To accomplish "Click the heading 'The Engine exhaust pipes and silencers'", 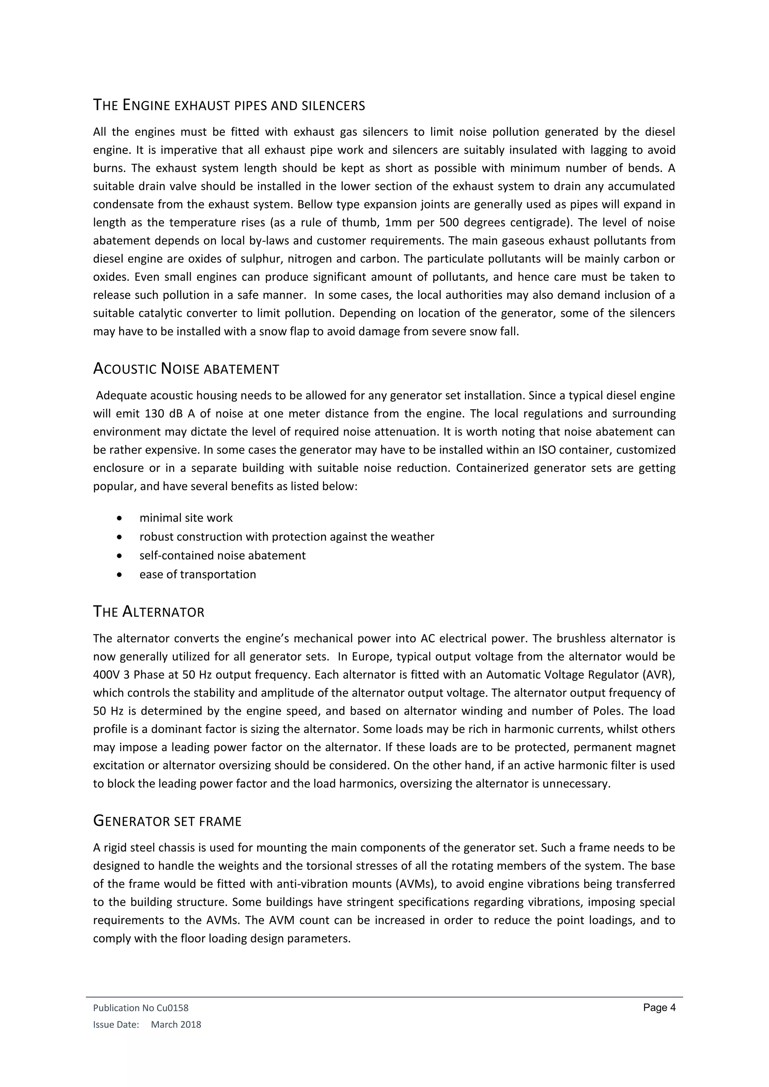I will coord(229,105).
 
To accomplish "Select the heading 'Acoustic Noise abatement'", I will coord(186,369).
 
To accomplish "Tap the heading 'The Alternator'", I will coord(149,612).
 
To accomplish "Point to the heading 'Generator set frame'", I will coord(167,821).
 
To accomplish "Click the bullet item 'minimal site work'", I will coord(185,518).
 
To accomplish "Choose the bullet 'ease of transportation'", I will coord(198,574).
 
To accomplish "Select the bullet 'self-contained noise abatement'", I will coord(222,556).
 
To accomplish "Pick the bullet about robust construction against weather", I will coord(286,537).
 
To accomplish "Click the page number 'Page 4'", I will coord(659,1008).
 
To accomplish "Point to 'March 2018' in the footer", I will coord(176,1025).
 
